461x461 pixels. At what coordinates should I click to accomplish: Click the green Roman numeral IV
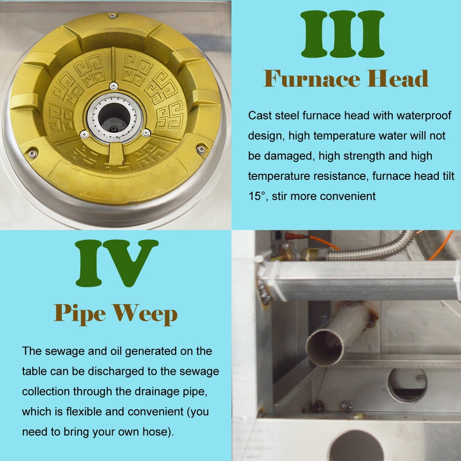pos(117,263)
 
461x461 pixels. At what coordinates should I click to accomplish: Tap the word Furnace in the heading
pos(312,79)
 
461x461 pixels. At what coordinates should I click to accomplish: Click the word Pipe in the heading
pos(80,314)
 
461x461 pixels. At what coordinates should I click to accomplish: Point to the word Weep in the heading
pos(145,314)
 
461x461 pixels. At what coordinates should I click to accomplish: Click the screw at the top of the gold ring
pos(112,16)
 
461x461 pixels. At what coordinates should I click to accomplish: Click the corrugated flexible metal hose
pos(371,249)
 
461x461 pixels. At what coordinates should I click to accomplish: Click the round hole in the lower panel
pos(407,385)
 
